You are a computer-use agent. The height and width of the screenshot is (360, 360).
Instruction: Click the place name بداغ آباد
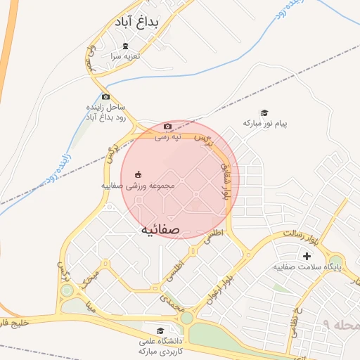pos(136,23)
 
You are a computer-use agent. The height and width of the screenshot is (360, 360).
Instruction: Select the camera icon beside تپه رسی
pos(167,127)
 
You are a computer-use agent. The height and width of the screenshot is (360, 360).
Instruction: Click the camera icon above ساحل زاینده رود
pos(105,97)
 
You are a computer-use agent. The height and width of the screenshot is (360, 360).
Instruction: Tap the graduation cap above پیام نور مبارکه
pos(265,113)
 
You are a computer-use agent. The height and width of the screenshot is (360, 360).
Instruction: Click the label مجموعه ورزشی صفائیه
pos(138,186)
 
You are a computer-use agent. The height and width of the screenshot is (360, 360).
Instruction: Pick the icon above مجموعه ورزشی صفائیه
pos(139,174)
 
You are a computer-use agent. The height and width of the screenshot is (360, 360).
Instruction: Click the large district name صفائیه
pos(160,229)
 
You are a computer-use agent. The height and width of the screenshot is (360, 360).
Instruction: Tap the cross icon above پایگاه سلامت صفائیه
pos(306,256)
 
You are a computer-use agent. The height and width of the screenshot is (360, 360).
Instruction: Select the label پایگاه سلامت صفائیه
pos(307,267)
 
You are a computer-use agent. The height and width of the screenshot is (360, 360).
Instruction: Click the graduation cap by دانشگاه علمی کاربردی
pos(160,330)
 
